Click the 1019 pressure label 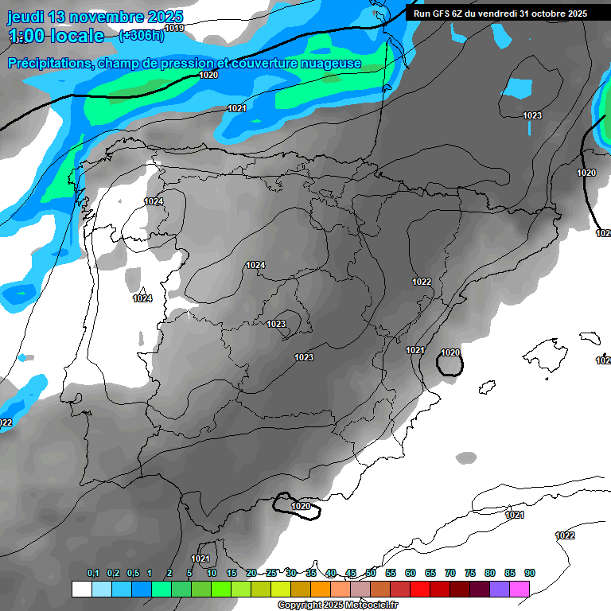tap(174, 28)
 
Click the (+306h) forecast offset tap(141, 35)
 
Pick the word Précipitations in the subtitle tap(48, 64)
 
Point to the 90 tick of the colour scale tap(530, 573)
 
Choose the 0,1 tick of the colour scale tap(93, 573)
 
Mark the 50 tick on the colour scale tap(371, 573)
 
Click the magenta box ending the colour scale tap(520, 589)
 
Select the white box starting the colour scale tap(82, 589)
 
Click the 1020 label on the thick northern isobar tap(208, 75)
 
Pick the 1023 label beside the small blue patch tap(532, 115)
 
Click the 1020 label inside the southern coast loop tap(301, 506)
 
